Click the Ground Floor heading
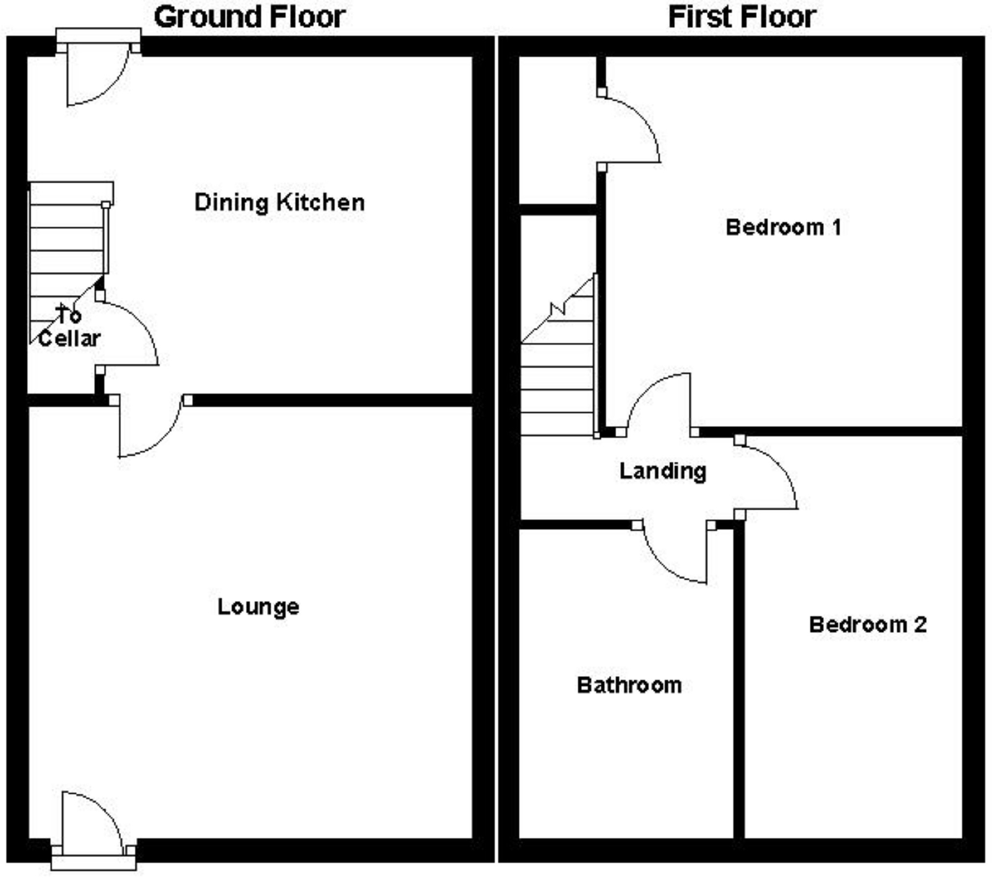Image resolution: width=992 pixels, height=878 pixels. [x=250, y=17]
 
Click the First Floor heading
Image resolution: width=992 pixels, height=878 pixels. [x=742, y=17]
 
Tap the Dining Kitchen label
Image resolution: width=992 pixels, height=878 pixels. [x=279, y=202]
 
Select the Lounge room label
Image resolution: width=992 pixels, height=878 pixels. [x=258, y=606]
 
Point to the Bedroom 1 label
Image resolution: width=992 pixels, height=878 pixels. [x=783, y=227]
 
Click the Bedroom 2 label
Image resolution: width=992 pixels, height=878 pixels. [x=868, y=625]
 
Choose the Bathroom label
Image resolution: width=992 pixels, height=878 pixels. [x=629, y=685]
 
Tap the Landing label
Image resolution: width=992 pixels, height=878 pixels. [x=663, y=471]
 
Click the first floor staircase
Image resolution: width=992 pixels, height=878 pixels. [x=558, y=373]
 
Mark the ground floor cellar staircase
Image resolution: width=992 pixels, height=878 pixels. [x=66, y=250]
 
